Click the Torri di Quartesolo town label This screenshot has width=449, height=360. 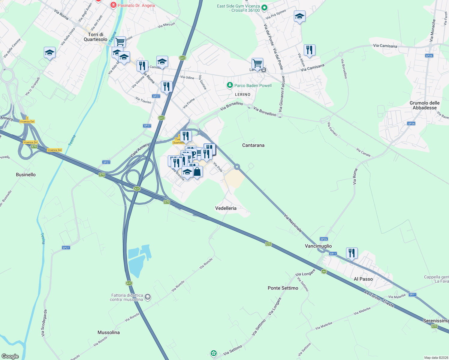95,37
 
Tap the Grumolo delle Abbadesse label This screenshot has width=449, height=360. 424,105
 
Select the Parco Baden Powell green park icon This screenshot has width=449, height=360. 230,85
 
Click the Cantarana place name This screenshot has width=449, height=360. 253,145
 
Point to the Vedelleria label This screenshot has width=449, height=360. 226,208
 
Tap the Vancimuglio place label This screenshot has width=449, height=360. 318,246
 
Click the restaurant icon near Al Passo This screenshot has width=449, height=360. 351,253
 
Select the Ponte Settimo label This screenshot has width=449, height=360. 283,288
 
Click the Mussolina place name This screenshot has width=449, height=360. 109,332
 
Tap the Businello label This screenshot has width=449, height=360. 26,175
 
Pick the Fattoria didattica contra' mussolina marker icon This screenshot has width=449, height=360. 147,297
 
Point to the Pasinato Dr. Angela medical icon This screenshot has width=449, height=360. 113,5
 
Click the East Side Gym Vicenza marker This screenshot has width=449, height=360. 264,8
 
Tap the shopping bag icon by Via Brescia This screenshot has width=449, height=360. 197,172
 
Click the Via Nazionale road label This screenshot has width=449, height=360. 293,223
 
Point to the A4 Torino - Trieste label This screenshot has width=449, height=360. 379,298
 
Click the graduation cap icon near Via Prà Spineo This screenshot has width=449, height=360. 299,16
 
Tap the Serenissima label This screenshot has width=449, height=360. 435,321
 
